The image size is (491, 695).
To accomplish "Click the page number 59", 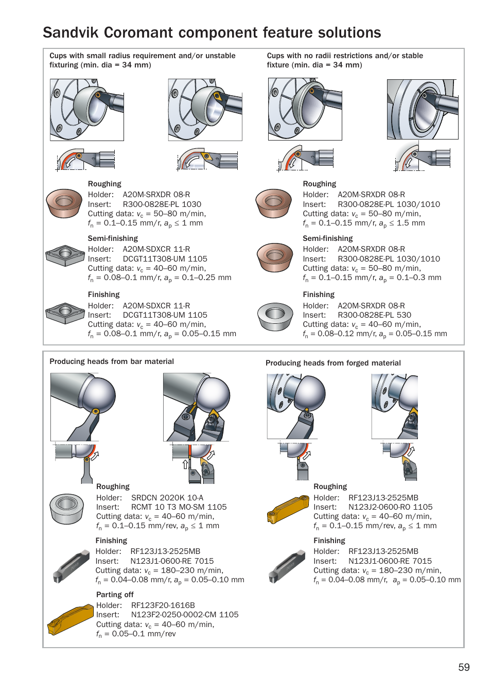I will (x=464, y=667).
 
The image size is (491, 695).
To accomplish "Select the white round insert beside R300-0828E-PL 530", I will (x=275, y=317).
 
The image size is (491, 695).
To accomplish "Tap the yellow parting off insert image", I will (x=70, y=620).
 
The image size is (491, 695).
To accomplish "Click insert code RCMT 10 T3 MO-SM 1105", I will (x=179, y=507).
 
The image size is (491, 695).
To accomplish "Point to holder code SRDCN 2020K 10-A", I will (x=167, y=498).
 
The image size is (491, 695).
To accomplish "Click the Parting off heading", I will (x=115, y=595).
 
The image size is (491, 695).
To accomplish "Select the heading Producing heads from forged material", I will (x=333, y=363).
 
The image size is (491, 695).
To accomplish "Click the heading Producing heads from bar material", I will (x=112, y=361).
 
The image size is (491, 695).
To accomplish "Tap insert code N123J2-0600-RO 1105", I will (x=390, y=507).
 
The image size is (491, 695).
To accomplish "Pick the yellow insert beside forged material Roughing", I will (x=287, y=509).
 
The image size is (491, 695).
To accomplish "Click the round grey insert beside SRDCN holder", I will (x=67, y=509).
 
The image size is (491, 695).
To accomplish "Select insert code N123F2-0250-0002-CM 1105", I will (x=185, y=615).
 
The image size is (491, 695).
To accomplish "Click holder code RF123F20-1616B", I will (x=163, y=605).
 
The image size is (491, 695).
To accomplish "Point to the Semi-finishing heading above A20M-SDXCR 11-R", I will (x=113, y=238).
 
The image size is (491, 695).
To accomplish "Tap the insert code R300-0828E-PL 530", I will (x=374, y=315).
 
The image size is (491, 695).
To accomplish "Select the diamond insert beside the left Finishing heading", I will (x=65, y=312).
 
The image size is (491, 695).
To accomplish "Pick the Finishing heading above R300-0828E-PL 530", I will (x=319, y=294).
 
